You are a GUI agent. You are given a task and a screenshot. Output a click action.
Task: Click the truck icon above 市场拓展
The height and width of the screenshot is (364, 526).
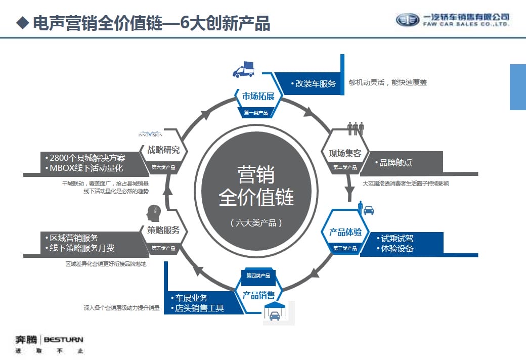pos(244,70)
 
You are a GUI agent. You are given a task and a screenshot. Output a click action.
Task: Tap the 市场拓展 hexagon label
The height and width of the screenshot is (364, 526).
pos(258,96)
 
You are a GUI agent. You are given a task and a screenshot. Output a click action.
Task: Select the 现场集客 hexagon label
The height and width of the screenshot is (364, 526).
pos(345,153)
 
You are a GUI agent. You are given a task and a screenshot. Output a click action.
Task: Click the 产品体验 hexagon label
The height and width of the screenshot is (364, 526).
pos(345,232)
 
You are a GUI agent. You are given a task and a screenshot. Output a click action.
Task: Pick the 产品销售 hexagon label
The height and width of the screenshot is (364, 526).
pos(258,295)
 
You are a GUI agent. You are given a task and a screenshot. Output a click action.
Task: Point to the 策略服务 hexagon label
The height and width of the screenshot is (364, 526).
pos(163,231)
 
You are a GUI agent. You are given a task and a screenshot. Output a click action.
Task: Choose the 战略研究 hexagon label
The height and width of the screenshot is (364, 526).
pos(163,150)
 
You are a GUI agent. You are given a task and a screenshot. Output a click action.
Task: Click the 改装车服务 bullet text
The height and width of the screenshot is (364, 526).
pos(313,83)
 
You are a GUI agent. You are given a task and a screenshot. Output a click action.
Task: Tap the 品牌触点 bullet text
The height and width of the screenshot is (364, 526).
pos(395,162)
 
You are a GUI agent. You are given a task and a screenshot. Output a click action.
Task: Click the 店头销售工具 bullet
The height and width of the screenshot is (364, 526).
pos(197,308)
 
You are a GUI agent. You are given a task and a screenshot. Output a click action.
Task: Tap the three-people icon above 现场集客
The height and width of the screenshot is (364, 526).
pos(356,127)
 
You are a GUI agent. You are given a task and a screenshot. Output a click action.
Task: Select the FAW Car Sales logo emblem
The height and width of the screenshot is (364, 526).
pos(407,20)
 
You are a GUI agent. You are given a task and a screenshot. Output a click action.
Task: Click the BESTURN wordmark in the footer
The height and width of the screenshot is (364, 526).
pos(64,339)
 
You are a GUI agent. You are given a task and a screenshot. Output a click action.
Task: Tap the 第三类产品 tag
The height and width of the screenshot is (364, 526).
pos(345,248)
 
